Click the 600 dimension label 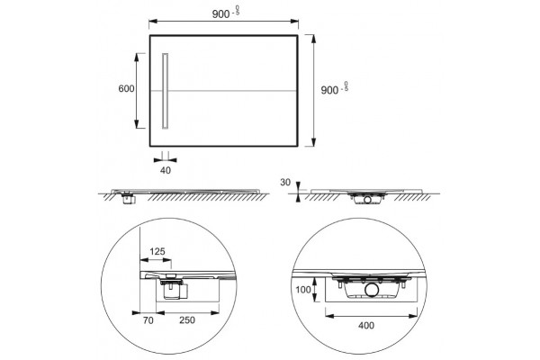click(x=126, y=88)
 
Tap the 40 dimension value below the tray click(x=166, y=170)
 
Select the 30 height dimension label click(x=285, y=182)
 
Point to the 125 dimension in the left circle click(x=157, y=251)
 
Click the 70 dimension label click(x=148, y=320)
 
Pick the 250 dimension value click(x=187, y=320)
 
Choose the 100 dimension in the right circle click(x=303, y=290)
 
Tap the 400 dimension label click(x=366, y=325)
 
